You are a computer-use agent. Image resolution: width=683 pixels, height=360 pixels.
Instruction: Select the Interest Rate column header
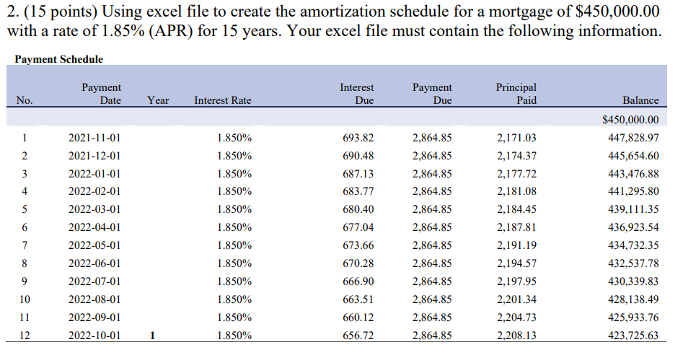click(223, 101)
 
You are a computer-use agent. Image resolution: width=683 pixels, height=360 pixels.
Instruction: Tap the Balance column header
click(640, 101)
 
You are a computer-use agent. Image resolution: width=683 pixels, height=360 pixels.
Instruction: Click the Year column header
click(158, 101)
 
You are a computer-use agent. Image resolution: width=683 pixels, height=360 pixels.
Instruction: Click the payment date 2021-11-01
click(94, 138)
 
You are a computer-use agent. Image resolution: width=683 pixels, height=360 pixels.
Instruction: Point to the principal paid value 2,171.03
click(517, 138)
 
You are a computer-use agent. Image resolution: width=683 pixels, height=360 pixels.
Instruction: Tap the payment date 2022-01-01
click(94, 174)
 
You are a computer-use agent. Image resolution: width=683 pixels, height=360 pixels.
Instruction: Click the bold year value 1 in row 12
click(153, 335)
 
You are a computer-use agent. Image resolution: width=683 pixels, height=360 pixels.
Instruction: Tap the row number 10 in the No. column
click(25, 299)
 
